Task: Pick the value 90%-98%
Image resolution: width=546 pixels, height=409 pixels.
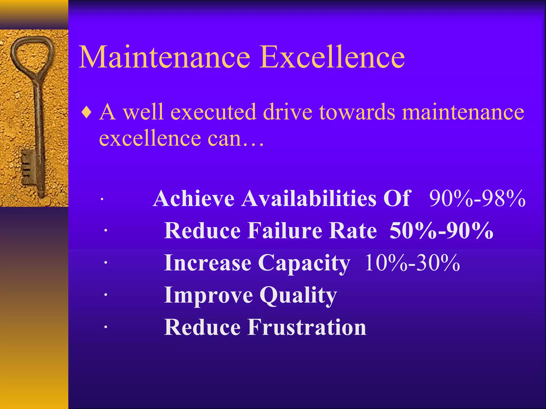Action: (x=477, y=198)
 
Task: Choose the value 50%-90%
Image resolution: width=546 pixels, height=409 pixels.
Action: (x=441, y=231)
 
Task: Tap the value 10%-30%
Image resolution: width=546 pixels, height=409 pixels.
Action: (x=412, y=263)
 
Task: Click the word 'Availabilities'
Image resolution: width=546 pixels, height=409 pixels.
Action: (x=309, y=198)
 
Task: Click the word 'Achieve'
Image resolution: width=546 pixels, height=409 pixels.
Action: (x=194, y=198)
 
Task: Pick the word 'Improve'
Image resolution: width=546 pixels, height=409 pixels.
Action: (x=208, y=295)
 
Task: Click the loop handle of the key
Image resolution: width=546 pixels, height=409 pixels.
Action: (x=32, y=54)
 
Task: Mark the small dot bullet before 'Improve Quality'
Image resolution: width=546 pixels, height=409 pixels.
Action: (x=106, y=295)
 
